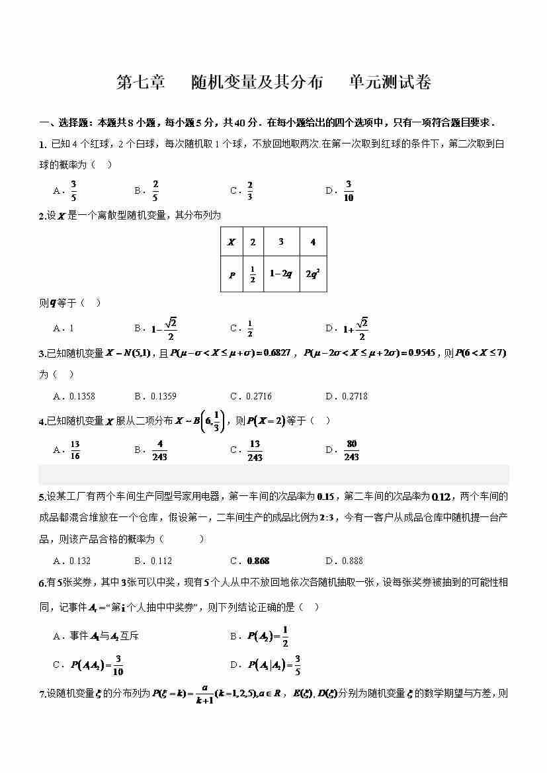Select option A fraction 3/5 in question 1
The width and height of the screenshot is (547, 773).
tap(73, 190)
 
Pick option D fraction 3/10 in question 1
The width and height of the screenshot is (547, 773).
tap(349, 190)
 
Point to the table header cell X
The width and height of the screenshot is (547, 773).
tap(231, 242)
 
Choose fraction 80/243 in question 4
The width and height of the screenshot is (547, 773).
tap(351, 450)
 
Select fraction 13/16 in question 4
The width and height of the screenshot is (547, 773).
tap(75, 450)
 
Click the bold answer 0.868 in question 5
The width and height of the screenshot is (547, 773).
tap(258, 561)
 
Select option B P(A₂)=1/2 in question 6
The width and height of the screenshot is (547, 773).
tap(268, 636)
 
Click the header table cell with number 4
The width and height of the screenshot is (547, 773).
tap(314, 242)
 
